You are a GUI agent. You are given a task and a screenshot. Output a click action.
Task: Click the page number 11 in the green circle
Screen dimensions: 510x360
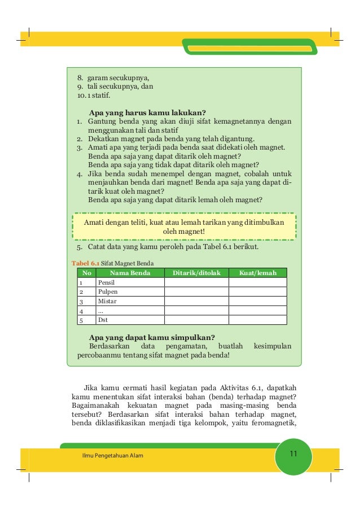coord(293,455)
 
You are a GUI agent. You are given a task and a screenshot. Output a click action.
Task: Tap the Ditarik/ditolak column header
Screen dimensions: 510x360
coord(196,273)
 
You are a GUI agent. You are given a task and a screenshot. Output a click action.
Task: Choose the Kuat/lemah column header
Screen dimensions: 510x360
coord(258,273)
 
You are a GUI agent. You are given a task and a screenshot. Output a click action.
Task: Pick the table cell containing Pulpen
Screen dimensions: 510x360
coord(107,292)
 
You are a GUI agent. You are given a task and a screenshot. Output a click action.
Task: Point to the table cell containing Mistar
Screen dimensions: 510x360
coord(107,302)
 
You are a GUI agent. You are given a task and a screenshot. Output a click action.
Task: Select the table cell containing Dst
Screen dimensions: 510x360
coord(103,320)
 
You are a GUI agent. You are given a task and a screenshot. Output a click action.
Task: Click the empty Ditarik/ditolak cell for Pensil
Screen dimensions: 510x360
coord(196,282)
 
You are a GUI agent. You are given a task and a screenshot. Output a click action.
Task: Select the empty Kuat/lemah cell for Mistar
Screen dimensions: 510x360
coord(258,302)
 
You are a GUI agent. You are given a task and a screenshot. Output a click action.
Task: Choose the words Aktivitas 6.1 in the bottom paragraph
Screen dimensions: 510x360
coord(236,388)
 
